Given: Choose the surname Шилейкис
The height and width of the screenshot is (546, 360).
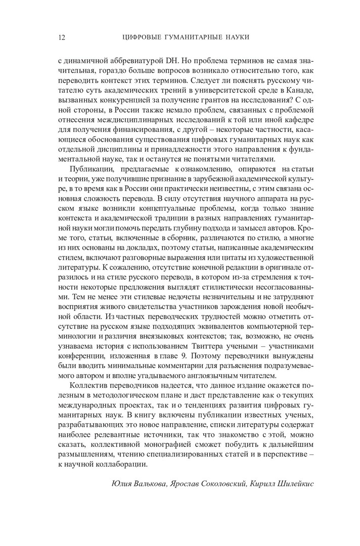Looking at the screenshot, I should coord(295,484).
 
